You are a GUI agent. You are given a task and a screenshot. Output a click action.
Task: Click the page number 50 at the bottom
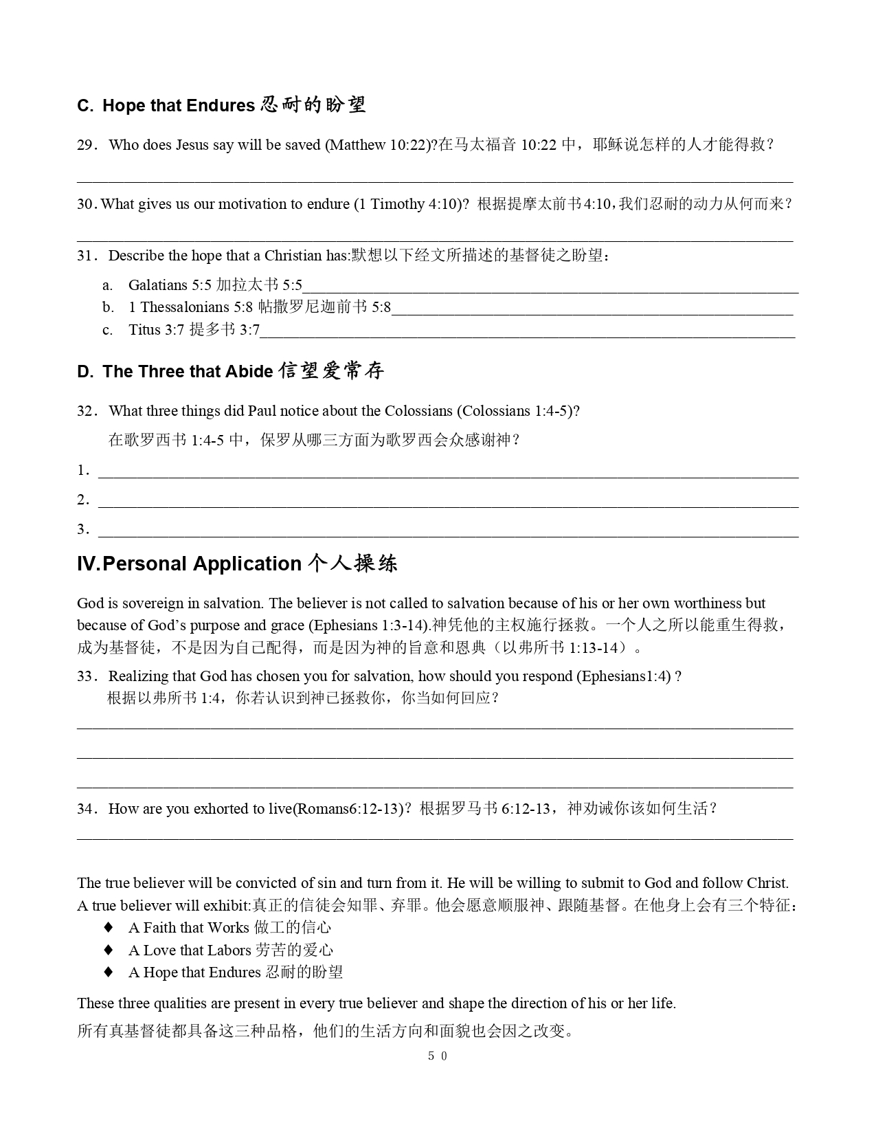(x=437, y=1056)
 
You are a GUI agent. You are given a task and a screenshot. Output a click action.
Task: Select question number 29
(x=86, y=145)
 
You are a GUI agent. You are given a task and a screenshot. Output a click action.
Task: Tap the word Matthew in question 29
(x=357, y=145)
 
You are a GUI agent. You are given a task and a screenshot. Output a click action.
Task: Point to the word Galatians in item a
(x=157, y=285)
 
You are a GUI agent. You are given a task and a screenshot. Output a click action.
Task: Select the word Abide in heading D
(x=251, y=372)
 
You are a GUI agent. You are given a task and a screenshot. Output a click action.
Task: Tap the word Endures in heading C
(x=221, y=106)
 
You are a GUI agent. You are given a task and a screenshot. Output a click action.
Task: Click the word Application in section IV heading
(x=247, y=564)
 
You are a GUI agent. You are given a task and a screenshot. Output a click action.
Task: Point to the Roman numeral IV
(x=88, y=564)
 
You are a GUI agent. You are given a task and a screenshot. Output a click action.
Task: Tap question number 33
(x=86, y=676)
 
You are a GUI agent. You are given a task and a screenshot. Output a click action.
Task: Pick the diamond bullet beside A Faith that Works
(x=108, y=927)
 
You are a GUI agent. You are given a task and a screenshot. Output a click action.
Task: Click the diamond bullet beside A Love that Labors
(x=108, y=950)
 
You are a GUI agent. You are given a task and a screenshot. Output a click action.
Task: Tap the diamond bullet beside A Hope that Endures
(x=108, y=972)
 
